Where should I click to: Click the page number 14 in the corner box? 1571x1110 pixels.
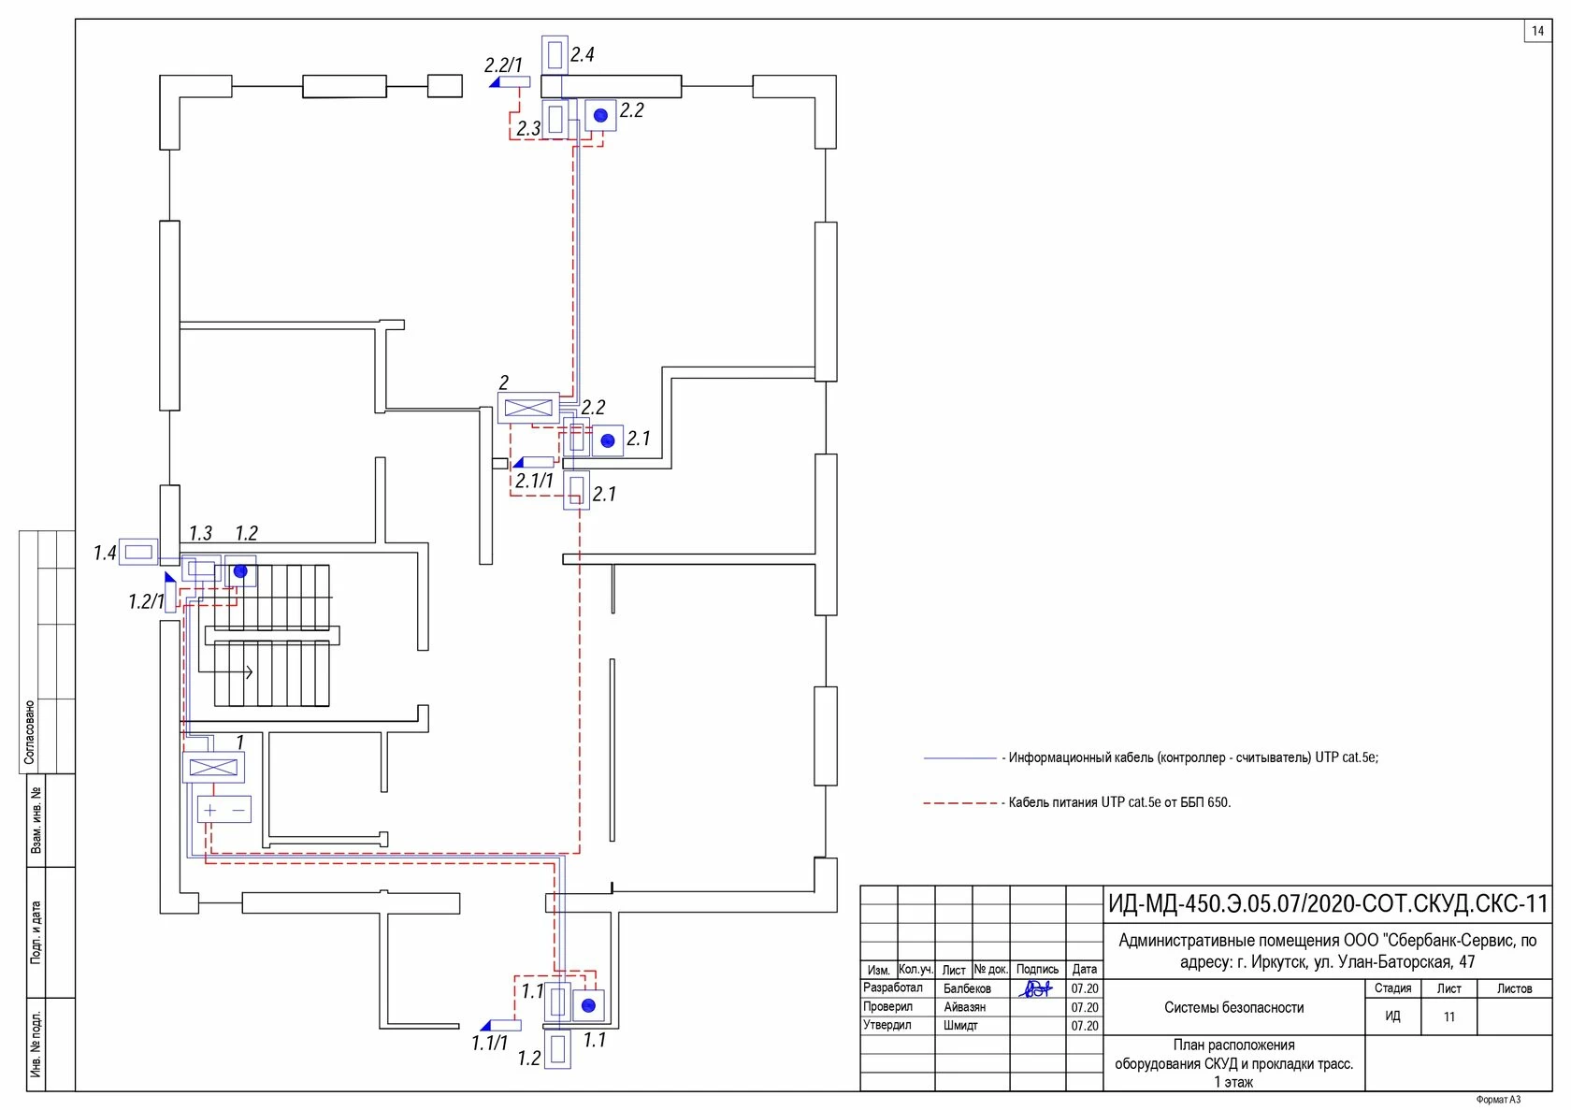(1537, 31)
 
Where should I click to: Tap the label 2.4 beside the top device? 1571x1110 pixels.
(582, 54)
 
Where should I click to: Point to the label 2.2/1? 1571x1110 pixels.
(503, 65)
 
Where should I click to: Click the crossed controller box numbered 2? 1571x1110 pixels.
(528, 408)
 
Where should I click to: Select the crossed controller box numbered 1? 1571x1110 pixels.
(213, 767)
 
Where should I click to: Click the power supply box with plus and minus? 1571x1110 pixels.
(223, 810)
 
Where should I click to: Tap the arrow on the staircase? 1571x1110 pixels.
(225, 671)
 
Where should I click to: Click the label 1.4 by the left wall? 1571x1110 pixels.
(105, 554)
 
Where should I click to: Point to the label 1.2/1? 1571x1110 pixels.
(146, 601)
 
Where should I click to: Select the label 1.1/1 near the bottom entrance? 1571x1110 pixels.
(490, 1043)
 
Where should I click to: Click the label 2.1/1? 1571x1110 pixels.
(535, 481)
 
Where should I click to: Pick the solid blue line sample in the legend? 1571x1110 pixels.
(960, 758)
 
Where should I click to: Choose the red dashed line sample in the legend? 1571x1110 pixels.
(960, 803)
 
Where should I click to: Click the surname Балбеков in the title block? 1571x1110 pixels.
(967, 988)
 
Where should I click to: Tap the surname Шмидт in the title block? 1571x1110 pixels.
(961, 1025)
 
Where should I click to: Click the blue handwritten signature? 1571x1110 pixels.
(1035, 988)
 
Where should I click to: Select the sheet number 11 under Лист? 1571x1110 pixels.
(1449, 1016)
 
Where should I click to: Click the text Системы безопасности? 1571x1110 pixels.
(1234, 1008)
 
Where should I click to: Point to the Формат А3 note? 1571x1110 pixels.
(1498, 1100)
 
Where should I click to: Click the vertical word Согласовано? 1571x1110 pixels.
(29, 732)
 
